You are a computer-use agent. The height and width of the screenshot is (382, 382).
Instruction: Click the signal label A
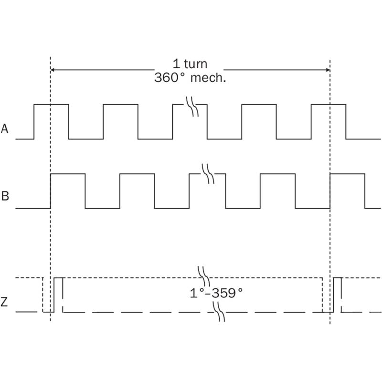(5, 128)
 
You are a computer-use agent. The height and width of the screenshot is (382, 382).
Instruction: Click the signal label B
(5, 196)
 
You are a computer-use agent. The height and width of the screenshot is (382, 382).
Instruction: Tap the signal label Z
(4, 302)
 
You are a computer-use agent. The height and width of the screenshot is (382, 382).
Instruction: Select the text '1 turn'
(190, 64)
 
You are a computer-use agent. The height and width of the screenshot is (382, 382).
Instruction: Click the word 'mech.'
(208, 78)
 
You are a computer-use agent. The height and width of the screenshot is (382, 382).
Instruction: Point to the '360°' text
(170, 78)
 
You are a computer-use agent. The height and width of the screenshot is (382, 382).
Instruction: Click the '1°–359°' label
(216, 293)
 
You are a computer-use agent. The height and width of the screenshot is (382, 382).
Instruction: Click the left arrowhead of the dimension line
(52, 70)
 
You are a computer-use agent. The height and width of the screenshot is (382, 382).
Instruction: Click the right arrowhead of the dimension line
(328, 70)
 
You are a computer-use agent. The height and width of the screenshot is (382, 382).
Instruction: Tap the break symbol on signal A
(192, 106)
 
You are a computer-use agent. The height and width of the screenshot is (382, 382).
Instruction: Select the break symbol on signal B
(208, 174)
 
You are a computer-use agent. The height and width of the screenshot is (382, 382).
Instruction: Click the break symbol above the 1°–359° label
(204, 276)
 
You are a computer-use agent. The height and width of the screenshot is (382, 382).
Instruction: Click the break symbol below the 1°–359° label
(219, 312)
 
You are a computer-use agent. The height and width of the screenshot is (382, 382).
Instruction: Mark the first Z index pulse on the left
(58, 295)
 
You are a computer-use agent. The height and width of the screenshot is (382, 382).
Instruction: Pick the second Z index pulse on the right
(338, 295)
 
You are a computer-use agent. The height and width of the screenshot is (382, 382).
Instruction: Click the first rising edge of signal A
(34, 122)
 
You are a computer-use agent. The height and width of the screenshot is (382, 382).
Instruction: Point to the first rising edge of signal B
(51, 191)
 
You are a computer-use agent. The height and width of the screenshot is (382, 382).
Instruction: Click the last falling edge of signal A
(346, 122)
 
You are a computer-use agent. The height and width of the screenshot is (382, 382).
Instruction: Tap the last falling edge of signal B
(365, 191)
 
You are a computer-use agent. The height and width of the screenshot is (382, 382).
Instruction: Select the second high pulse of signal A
(121, 105)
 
